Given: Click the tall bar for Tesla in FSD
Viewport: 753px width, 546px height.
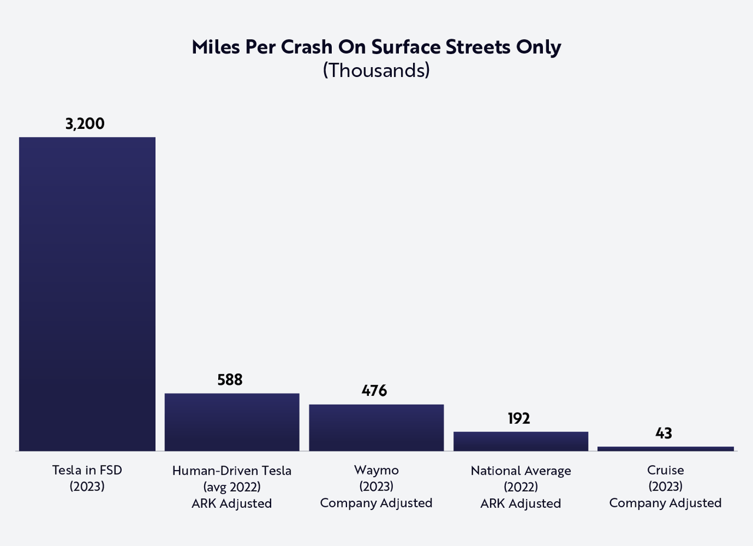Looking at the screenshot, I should click(87, 294).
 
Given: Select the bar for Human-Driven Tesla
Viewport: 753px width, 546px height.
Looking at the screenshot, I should click(232, 422).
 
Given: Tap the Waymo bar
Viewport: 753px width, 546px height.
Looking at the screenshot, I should click(376, 428).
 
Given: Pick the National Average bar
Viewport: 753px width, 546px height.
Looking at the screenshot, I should click(521, 441).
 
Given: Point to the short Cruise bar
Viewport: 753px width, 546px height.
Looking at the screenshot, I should click(665, 449).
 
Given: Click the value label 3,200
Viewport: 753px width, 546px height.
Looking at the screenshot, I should click(85, 124).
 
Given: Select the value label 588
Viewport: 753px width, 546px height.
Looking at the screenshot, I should click(229, 380).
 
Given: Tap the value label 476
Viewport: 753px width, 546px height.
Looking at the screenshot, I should click(374, 391).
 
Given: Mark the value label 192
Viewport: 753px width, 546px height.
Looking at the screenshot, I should click(519, 418).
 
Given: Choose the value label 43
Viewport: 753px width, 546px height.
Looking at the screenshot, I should click(664, 434).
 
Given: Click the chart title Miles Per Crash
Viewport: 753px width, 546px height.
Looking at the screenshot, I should click(376, 48).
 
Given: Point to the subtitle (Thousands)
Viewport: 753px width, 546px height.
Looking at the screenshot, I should click(376, 70).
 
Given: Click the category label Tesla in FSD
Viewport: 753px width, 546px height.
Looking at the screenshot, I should click(87, 470).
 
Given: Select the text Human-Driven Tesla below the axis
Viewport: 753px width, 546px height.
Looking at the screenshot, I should click(232, 471).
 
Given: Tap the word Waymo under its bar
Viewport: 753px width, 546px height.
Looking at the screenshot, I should click(376, 470).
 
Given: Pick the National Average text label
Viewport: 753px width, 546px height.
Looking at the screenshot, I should click(521, 471).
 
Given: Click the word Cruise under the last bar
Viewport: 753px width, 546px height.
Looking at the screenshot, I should click(665, 470).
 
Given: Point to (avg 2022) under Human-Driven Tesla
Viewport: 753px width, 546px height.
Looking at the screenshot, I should click(232, 487).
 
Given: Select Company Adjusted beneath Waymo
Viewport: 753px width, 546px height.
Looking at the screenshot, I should click(376, 503).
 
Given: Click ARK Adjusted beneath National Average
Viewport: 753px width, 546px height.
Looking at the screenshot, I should click(521, 504).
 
